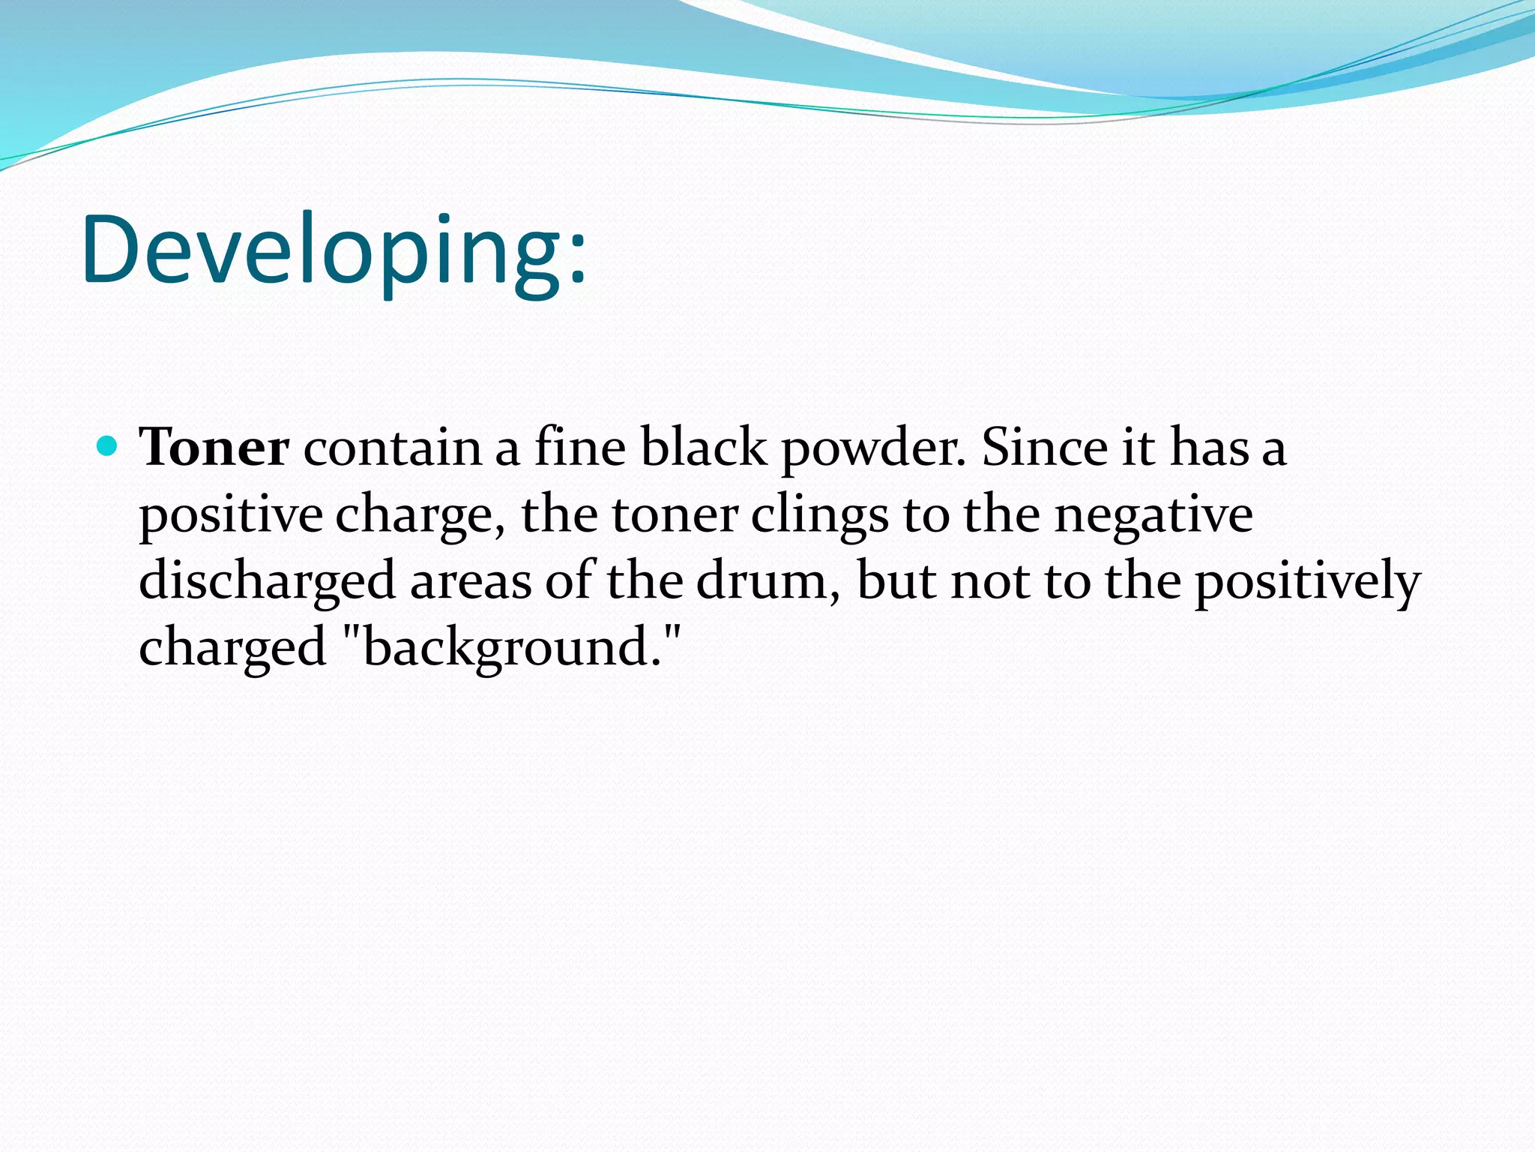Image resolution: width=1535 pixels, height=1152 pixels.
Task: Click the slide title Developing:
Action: pyautogui.click(x=334, y=250)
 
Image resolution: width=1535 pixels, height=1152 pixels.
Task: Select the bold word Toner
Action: pyautogui.click(x=214, y=448)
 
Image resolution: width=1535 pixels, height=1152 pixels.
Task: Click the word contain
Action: pyautogui.click(x=392, y=448)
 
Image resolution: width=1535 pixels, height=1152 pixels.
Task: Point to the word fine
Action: pyautogui.click(x=579, y=448)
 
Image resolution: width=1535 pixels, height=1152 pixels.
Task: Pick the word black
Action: pyautogui.click(x=704, y=448)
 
